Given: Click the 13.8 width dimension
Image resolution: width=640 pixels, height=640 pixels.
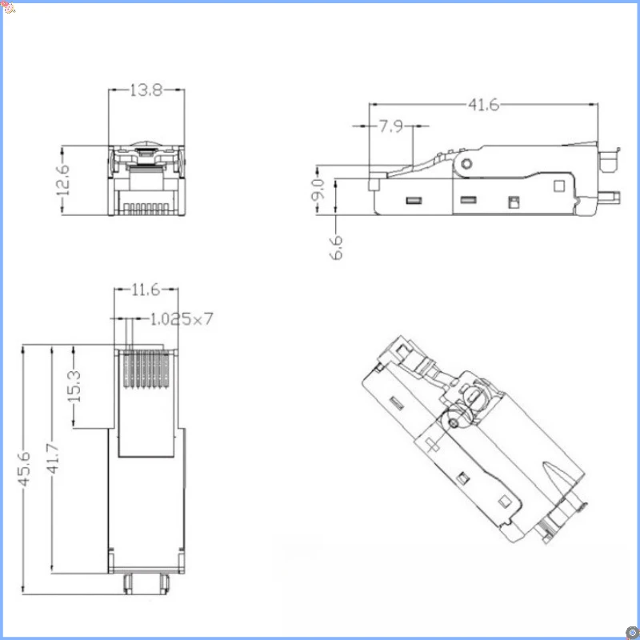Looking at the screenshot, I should [x=146, y=91].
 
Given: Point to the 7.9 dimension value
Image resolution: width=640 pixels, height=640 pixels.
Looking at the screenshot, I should [x=391, y=126].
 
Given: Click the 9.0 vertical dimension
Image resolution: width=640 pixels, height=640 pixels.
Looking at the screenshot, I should [x=317, y=190].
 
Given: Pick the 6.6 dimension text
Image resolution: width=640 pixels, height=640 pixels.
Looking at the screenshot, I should [x=336, y=246].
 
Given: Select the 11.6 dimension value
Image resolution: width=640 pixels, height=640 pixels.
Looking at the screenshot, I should [x=146, y=290].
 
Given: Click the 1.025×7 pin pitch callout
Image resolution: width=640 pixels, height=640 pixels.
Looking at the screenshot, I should [x=182, y=319].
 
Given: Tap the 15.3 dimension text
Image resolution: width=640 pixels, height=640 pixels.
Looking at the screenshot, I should [x=74, y=387].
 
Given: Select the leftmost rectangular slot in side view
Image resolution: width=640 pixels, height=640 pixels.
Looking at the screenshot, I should [x=414, y=200].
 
